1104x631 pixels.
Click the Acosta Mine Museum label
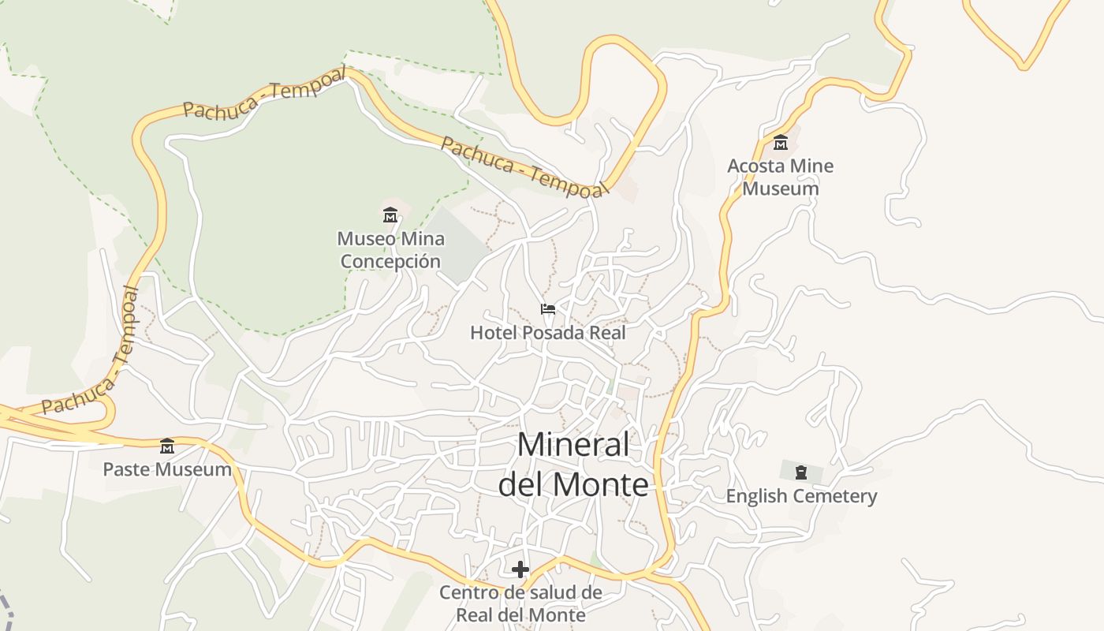click(780, 177)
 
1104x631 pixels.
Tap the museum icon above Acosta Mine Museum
click(781, 142)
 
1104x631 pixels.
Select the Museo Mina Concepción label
click(390, 250)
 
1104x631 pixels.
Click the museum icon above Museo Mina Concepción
click(390, 215)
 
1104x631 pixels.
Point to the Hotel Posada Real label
click(547, 333)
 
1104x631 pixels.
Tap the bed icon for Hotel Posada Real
click(548, 308)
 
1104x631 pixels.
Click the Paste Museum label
click(167, 470)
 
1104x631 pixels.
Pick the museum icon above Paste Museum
click(167, 446)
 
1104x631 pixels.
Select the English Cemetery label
click(801, 496)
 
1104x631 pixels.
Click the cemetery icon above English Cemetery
click(801, 472)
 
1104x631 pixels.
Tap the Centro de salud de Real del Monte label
click(520, 603)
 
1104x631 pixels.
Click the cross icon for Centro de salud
click(520, 569)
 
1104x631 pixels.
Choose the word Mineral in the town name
click(573, 445)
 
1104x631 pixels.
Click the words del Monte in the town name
click(573, 484)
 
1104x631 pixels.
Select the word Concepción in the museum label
click(390, 261)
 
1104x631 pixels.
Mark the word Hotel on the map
click(490, 333)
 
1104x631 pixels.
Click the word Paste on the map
click(126, 470)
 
